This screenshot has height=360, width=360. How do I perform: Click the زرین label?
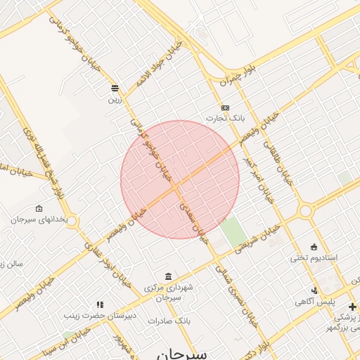coord(114,100)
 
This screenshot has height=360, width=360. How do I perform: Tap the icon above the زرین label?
coord(115,88)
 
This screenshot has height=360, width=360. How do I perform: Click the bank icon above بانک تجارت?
coord(225,108)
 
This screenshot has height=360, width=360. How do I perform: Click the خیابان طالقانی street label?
coord(278,161)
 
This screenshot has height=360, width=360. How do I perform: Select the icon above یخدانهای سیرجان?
coord(38,209)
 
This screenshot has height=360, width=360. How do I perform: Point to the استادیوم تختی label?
coord(314,258)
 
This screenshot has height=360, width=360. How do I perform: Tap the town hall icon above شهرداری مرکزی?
coord(167,276)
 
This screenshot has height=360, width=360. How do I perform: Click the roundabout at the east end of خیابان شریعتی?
coord(305,210)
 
